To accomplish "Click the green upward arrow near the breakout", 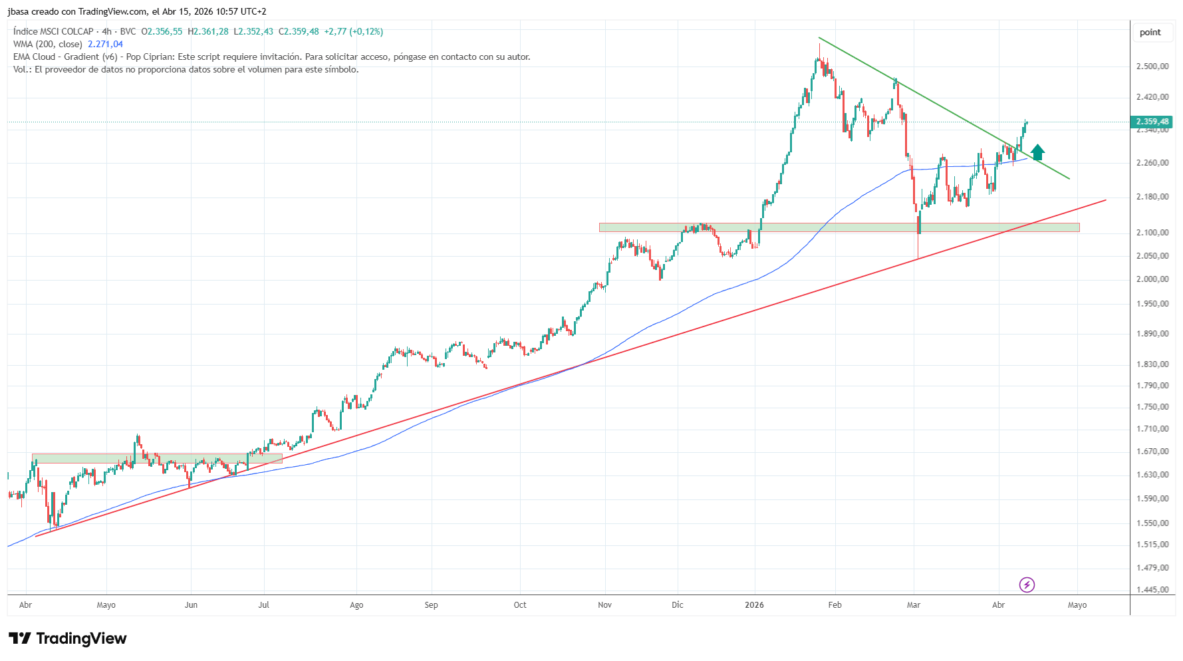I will pos(1037,152).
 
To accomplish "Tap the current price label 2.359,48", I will pos(1152,122).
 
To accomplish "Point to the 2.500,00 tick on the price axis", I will pos(1152,66).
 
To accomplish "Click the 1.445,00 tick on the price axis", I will pos(1152,590).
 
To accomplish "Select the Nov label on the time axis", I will pos(604,605).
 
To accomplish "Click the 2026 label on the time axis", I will pos(754,605).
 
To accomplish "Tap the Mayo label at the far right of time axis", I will pos(1077,605).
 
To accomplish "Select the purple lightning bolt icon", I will pos(1027,585).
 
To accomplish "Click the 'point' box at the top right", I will pos(1150,33).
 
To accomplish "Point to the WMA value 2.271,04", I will pos(105,45).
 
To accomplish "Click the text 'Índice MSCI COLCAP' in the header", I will pos(53,32).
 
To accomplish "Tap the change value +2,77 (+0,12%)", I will pos(353,32).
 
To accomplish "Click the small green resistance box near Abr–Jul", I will pos(157,458).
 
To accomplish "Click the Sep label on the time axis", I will pos(431,605).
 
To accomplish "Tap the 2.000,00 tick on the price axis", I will pos(1152,279).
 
